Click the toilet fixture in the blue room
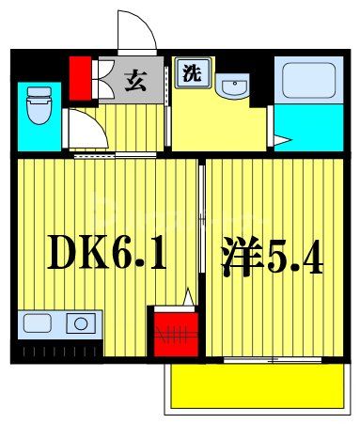coord(39,105)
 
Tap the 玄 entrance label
coord(135,80)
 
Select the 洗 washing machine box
coord(190,72)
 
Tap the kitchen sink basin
coord(39,325)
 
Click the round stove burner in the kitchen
coord(81,325)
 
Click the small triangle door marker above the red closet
coord(188,297)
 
